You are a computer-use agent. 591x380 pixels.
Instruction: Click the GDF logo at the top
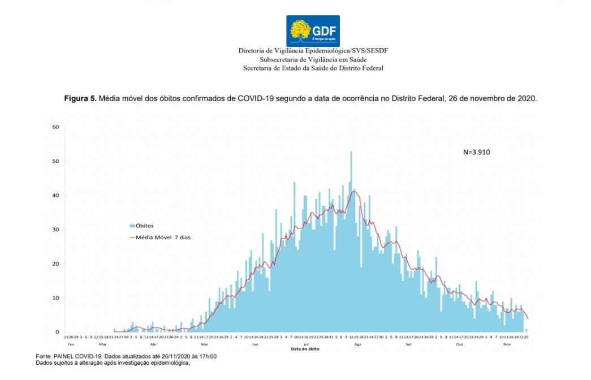click(313, 31)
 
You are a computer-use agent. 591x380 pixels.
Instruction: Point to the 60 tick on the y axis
click(55, 127)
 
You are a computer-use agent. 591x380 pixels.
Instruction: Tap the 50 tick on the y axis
click(55, 161)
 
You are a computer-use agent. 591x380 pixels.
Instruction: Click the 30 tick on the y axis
click(55, 230)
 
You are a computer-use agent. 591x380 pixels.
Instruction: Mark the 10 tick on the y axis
click(55, 298)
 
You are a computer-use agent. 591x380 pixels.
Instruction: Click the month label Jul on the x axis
click(306, 344)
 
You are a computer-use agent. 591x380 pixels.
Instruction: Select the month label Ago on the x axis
click(357, 344)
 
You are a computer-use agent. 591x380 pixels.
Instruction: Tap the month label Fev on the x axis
click(71, 344)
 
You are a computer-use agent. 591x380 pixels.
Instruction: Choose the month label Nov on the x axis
click(507, 344)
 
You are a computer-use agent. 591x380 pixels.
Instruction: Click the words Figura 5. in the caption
click(80, 98)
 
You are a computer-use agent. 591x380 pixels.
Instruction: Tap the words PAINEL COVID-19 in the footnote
click(74, 356)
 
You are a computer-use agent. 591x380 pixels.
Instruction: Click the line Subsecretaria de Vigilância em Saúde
click(313, 59)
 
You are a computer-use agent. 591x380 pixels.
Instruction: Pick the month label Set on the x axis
click(408, 344)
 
